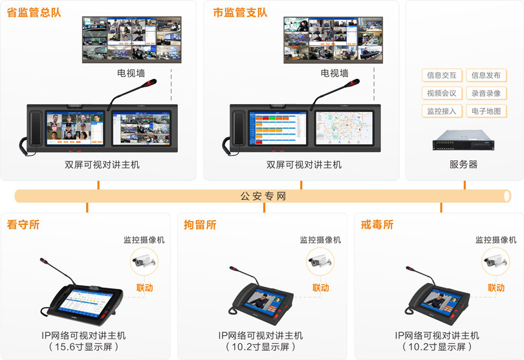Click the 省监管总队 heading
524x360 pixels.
click(x=34, y=12)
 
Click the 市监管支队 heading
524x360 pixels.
click(x=240, y=12)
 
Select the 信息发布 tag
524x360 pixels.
click(x=486, y=76)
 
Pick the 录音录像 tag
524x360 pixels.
click(x=486, y=93)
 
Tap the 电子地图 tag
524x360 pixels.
click(x=486, y=111)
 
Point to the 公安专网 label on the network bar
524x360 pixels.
click(x=263, y=196)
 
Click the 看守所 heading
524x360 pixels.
click(x=23, y=225)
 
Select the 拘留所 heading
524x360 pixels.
click(x=200, y=225)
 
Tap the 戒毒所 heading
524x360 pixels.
click(x=378, y=225)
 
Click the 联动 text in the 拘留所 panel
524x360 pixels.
click(x=320, y=288)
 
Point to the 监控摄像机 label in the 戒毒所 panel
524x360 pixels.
click(x=496, y=240)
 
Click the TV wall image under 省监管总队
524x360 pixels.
click(x=131, y=39)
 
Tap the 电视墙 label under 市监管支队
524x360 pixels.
click(x=334, y=74)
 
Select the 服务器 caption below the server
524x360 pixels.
click(x=463, y=164)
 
